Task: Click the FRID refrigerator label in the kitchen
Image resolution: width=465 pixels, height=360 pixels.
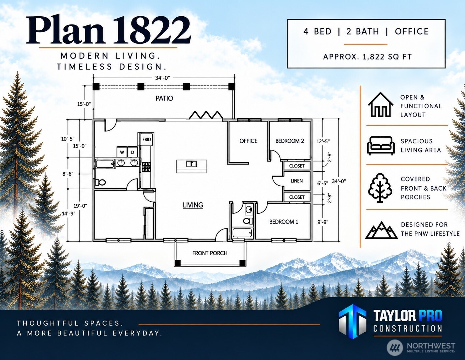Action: click(x=147, y=139)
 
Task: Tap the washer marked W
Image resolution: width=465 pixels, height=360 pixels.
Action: click(x=122, y=152)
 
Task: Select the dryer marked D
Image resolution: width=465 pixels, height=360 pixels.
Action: click(x=132, y=152)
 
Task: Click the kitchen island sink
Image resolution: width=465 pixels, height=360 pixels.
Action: click(x=191, y=164)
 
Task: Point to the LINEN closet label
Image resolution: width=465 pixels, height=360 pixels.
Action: click(x=297, y=181)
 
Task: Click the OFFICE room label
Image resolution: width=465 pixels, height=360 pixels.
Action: click(x=248, y=141)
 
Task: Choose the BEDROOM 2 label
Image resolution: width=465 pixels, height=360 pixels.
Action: click(x=290, y=141)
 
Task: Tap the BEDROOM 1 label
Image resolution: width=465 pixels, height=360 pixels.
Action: click(x=284, y=222)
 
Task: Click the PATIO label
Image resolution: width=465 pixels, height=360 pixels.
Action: click(x=164, y=98)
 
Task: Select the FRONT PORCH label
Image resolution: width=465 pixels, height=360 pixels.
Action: click(x=210, y=253)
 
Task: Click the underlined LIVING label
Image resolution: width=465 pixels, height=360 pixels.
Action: click(x=193, y=205)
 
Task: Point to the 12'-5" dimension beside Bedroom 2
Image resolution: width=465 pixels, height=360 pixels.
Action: click(x=323, y=141)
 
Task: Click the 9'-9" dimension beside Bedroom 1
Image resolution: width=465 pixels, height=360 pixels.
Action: click(x=323, y=222)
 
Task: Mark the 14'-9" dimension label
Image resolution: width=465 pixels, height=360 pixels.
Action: click(x=68, y=213)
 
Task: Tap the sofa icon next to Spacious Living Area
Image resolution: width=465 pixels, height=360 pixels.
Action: click(x=381, y=146)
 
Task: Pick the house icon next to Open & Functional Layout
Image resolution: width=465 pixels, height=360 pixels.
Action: click(x=381, y=105)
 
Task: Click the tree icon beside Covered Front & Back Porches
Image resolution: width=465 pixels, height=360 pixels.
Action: click(x=380, y=188)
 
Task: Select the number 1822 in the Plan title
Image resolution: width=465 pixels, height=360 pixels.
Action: click(x=152, y=30)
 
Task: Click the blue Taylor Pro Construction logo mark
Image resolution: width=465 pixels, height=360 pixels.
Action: click(x=352, y=321)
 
